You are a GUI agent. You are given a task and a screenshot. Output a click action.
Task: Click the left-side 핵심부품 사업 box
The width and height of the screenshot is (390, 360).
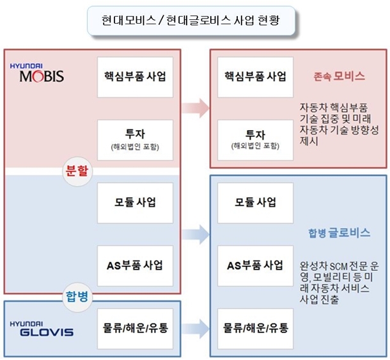coord(134,76)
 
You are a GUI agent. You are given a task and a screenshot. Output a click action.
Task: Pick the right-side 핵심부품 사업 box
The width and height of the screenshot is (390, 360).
coord(255,76)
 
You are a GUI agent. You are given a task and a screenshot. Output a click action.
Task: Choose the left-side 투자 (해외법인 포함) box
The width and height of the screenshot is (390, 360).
coord(134,140)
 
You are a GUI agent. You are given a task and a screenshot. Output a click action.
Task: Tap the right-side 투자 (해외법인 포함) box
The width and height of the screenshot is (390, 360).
coord(255,140)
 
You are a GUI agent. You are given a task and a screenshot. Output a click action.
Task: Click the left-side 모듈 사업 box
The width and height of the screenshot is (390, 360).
coord(134,202)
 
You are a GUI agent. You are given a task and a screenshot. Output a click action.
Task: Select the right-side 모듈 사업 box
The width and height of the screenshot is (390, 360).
coord(255,202)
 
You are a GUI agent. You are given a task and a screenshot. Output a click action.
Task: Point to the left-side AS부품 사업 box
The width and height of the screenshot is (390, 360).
coord(134,265)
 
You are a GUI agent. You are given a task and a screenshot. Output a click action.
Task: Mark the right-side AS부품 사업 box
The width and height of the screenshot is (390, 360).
coord(255,265)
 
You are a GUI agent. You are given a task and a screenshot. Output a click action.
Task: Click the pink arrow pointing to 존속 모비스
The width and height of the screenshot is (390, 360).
coord(195,108)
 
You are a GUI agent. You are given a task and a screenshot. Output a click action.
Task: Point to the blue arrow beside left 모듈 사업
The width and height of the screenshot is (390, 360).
coord(195,234)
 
